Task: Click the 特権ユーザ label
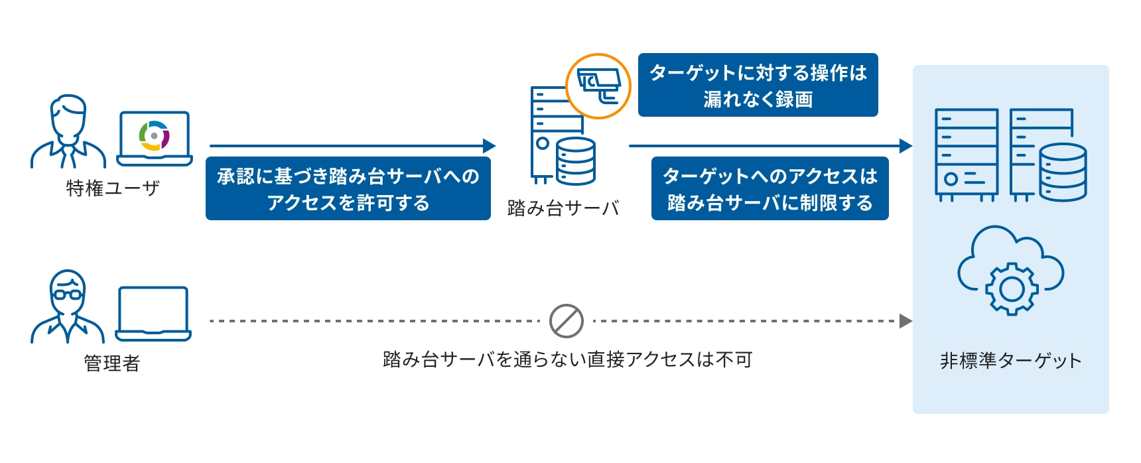pyautogui.click(x=113, y=188)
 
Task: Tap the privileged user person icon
pyautogui.click(x=68, y=133)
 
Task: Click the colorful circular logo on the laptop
pyautogui.click(x=154, y=136)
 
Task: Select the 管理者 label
pyautogui.click(x=111, y=364)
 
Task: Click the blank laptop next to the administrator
pyautogui.click(x=153, y=314)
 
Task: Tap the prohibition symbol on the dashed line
pyautogui.click(x=566, y=321)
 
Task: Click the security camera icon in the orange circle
pyautogui.click(x=598, y=86)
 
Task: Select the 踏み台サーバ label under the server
pyautogui.click(x=563, y=208)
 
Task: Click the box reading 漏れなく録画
pyautogui.click(x=758, y=86)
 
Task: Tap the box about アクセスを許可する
pyautogui.click(x=348, y=189)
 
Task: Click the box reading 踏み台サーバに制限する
pyautogui.click(x=770, y=189)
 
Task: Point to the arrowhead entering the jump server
pyautogui.click(x=490, y=146)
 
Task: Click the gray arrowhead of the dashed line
pyautogui.click(x=905, y=321)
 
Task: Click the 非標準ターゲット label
pyautogui.click(x=1010, y=361)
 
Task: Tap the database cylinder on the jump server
pyautogui.click(x=576, y=161)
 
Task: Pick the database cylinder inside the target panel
pyautogui.click(x=1062, y=172)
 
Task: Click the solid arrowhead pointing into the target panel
pyautogui.click(x=906, y=146)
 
